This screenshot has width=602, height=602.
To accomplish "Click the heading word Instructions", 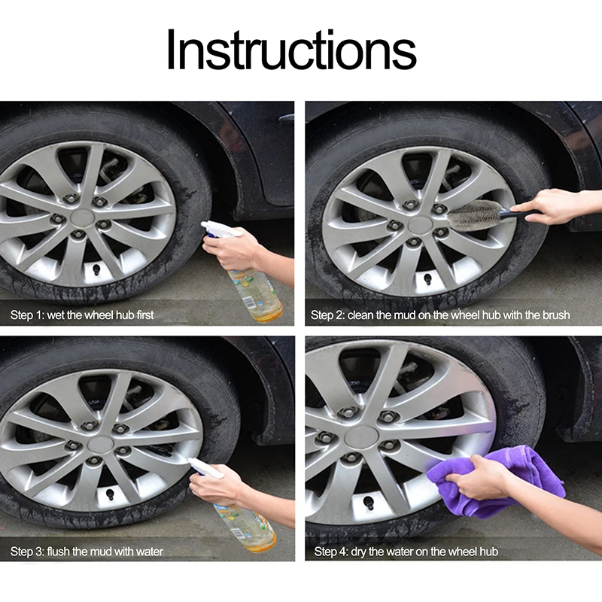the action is click(292, 50).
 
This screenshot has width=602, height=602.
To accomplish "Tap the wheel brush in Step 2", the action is click(488, 214).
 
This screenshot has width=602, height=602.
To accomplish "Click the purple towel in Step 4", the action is click(495, 480).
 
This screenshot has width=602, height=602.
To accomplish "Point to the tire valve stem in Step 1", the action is click(96, 269).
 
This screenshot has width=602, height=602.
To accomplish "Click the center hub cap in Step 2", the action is click(421, 224).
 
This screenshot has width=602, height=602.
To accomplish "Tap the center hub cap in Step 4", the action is click(362, 437).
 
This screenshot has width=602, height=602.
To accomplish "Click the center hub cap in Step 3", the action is click(101, 444).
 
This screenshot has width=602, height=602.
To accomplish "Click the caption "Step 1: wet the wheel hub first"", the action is click(82, 315).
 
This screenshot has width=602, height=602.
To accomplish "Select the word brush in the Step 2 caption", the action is click(556, 315).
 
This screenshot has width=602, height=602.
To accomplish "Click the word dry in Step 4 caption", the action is click(358, 552).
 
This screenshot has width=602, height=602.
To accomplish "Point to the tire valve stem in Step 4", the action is click(368, 503).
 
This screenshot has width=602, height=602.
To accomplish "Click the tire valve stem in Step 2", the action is click(427, 279).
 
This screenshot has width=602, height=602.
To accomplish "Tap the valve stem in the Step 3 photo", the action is click(110, 494).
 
